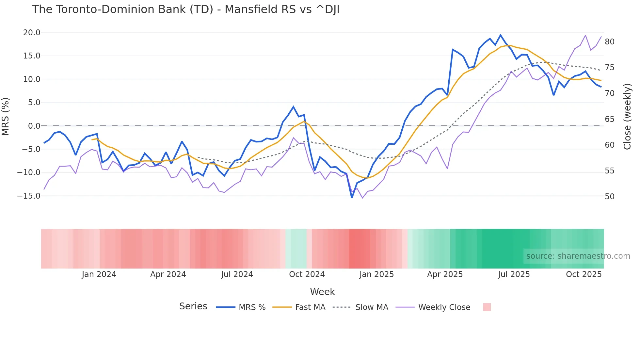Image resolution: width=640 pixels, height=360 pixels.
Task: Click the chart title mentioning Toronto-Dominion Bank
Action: (185, 9)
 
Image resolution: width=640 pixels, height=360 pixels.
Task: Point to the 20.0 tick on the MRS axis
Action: (32, 33)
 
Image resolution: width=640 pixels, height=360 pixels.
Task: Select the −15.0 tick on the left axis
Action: (29, 196)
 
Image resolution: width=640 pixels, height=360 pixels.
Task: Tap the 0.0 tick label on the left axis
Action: (34, 126)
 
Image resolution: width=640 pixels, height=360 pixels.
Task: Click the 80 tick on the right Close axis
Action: (610, 42)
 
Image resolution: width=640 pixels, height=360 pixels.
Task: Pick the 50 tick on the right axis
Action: (610, 197)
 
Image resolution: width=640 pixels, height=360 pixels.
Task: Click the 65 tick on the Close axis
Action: (610, 119)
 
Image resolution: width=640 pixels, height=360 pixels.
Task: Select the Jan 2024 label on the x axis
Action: (99, 274)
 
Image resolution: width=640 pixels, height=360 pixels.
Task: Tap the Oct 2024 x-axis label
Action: (307, 274)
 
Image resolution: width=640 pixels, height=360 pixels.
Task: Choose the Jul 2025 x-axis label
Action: (514, 274)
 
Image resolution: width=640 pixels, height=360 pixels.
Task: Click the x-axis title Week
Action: (322, 292)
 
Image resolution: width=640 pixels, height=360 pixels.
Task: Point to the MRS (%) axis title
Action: (6, 117)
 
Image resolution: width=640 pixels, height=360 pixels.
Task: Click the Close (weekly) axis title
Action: (627, 117)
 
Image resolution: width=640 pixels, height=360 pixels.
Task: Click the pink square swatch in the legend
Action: (487, 307)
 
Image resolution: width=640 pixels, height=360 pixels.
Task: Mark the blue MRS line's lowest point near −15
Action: (352, 197)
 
